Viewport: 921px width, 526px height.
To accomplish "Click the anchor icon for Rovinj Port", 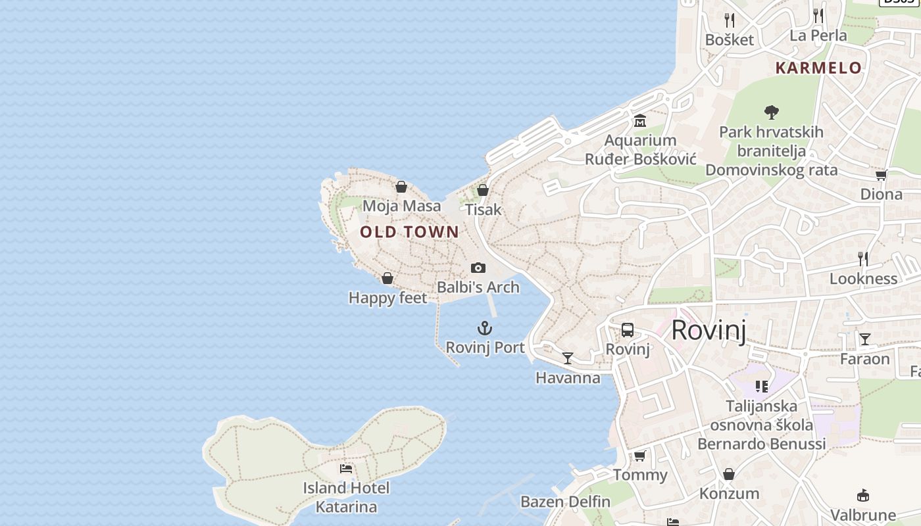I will [x=485, y=328].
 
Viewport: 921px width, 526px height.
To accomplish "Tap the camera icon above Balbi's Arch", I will [x=478, y=268].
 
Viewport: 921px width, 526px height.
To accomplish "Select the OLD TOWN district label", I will [x=409, y=231].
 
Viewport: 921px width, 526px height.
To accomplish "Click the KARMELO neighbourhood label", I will [x=818, y=68].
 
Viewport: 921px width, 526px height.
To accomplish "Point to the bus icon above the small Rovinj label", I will [x=628, y=330].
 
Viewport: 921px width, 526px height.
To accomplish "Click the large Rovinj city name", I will [x=709, y=329].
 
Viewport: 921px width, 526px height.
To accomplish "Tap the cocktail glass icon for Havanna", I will [x=568, y=358].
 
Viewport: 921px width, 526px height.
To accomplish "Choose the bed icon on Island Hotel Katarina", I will [x=346, y=469].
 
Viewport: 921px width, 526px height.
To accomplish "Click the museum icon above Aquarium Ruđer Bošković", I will [x=639, y=121].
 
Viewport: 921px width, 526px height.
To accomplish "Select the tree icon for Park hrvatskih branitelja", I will [x=772, y=112].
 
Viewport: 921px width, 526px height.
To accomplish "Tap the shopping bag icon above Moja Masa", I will [x=401, y=187].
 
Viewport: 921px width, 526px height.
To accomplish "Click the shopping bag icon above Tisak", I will [x=483, y=190].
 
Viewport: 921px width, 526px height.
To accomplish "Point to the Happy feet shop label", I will [x=387, y=298].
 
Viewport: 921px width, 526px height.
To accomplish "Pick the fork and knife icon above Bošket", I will [x=729, y=20].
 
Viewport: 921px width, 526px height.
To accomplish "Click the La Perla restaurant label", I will [x=818, y=36].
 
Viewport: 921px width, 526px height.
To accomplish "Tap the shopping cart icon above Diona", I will [x=881, y=175].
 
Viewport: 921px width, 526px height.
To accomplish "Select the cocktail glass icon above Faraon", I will [x=865, y=339].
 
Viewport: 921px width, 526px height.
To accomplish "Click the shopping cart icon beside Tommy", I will [x=639, y=456].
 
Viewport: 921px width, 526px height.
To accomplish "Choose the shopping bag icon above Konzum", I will [x=729, y=474].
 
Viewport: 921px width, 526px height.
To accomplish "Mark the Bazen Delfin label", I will [x=565, y=502].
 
